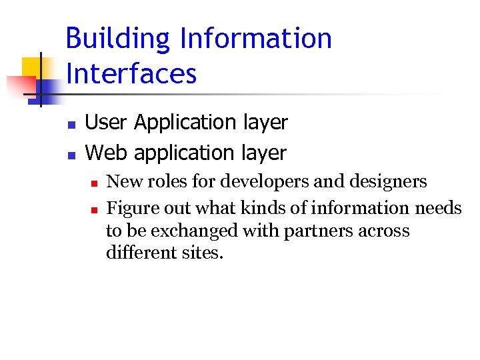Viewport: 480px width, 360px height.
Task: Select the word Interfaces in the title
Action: click(x=131, y=73)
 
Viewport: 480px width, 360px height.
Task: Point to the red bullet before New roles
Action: click(x=95, y=183)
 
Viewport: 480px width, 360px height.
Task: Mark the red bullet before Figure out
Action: click(x=95, y=209)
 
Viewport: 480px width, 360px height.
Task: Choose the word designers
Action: click(x=389, y=182)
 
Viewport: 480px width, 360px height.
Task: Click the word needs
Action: click(x=438, y=209)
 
